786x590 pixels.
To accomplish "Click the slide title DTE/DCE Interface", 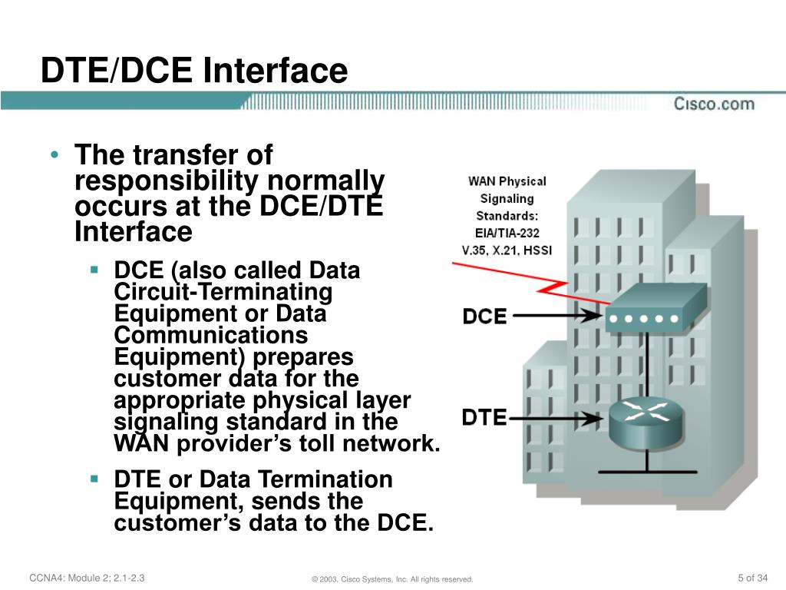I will (x=193, y=71).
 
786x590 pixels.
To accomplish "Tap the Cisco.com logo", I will (x=714, y=104).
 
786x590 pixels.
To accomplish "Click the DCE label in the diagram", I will (x=484, y=316).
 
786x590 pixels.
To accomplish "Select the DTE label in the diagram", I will (x=484, y=418).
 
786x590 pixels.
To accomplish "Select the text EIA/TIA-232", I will (x=507, y=233).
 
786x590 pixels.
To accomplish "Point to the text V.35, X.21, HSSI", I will (x=507, y=250).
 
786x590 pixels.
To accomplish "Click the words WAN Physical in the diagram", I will (x=507, y=182).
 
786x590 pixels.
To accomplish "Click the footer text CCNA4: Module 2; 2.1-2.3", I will (x=87, y=578).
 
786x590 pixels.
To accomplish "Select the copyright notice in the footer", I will (x=388, y=578).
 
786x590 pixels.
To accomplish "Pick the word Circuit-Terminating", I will (x=223, y=293).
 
